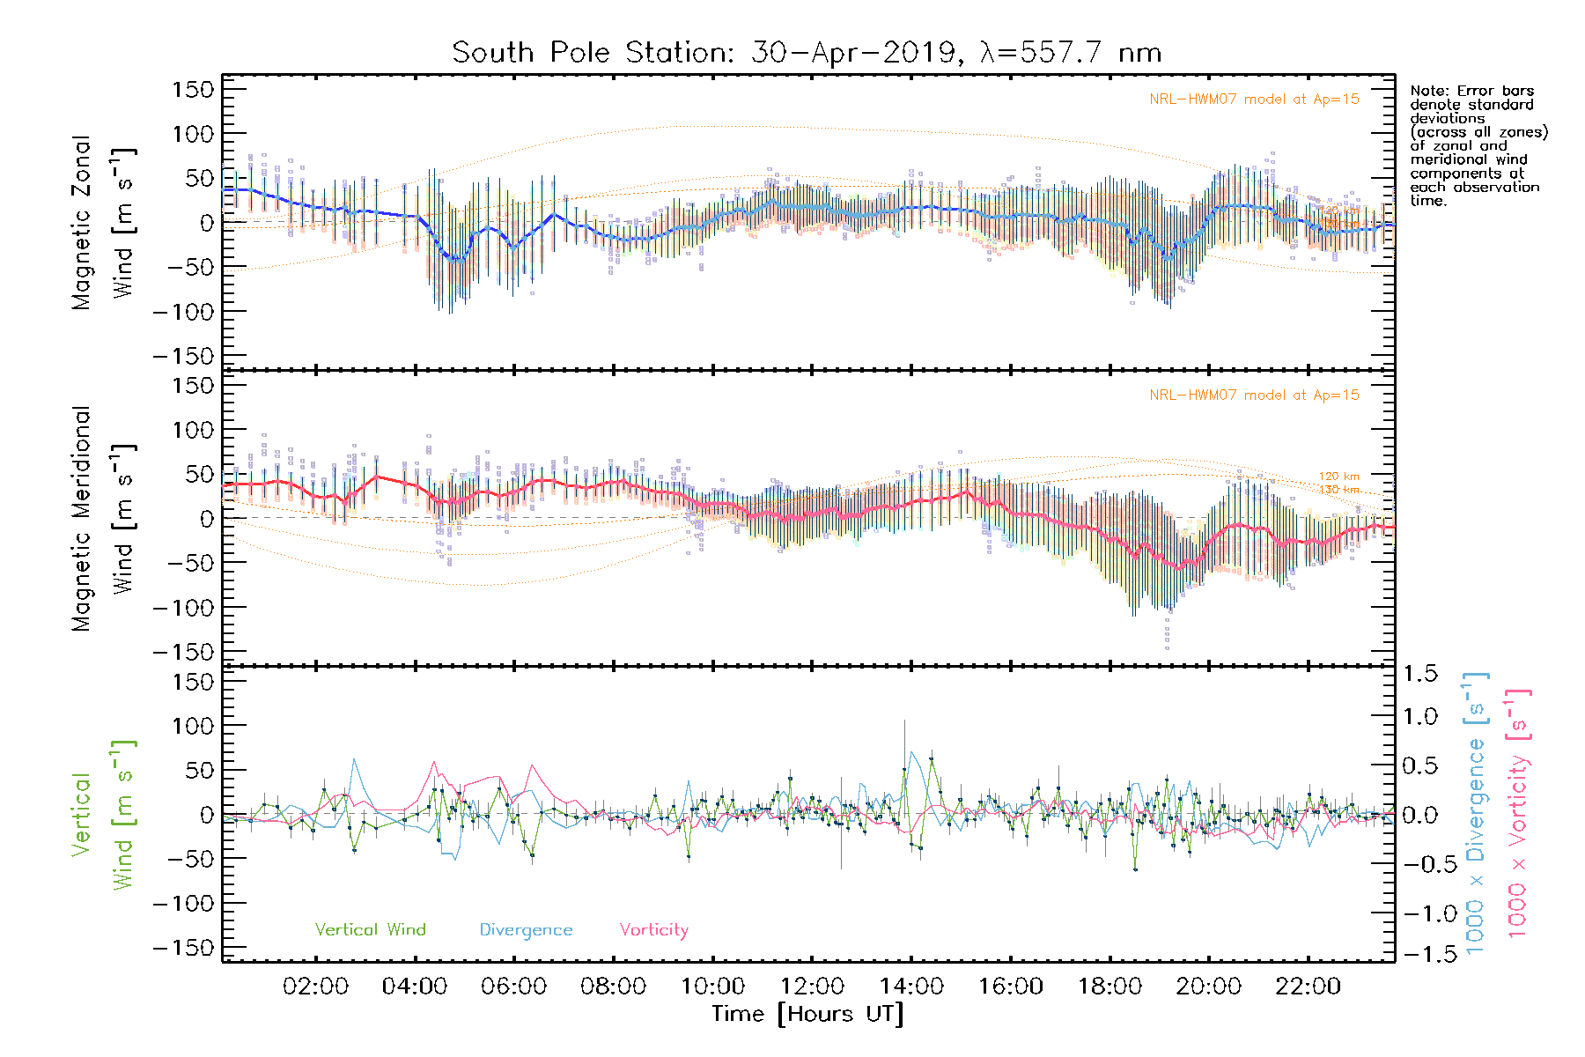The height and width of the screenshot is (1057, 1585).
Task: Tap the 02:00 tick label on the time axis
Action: pos(315,987)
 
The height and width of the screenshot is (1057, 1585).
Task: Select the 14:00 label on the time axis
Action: pos(911,987)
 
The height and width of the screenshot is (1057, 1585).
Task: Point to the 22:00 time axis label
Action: pos(1309,987)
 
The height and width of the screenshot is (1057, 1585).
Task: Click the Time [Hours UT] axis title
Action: pos(807,1015)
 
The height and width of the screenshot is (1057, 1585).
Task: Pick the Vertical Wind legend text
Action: pos(370,930)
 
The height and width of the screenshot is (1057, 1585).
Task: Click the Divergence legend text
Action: pos(526,930)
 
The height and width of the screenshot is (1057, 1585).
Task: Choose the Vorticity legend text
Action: pos(653,930)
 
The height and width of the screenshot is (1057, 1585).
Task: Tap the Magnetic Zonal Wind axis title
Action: pos(104,222)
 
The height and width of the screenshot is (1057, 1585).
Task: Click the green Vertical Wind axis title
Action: pos(104,815)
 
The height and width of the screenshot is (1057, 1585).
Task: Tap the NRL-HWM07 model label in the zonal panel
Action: pos(1254,100)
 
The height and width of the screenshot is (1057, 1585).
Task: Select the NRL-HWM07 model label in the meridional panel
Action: pos(1254,395)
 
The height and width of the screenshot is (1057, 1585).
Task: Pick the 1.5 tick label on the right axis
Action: pos(1420,674)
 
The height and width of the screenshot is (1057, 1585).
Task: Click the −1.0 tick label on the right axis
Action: pos(1419,914)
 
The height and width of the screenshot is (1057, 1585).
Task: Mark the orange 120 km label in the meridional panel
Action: pos(1338,477)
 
